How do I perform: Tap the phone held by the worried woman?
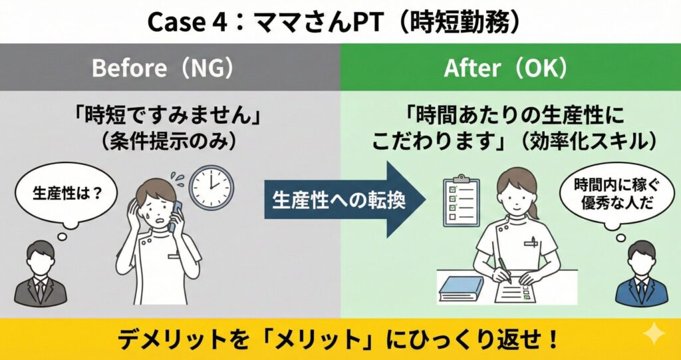click(175, 215)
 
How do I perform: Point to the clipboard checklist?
click(461, 202)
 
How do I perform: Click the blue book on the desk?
click(462, 289)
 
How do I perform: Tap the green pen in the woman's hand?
click(504, 268)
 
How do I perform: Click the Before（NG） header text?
click(162, 69)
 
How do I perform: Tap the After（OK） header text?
click(505, 69)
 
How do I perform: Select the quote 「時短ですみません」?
click(170, 116)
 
